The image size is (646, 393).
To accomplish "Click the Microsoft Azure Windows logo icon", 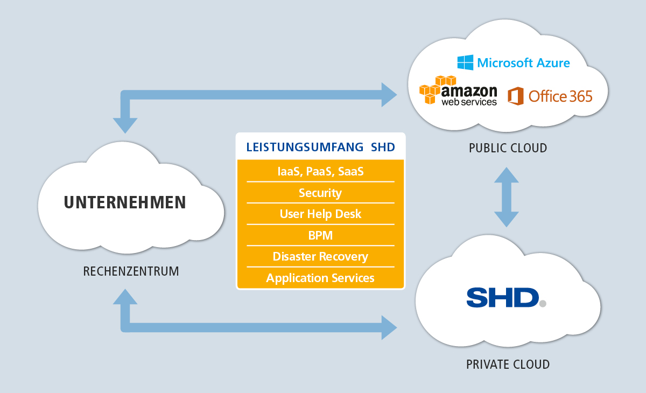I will [x=465, y=62].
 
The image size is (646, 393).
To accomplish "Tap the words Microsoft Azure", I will [x=523, y=63].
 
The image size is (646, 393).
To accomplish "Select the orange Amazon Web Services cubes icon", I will [x=433, y=89].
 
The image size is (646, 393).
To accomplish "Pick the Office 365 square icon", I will [x=516, y=96].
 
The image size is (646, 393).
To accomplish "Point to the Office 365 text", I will [x=560, y=96].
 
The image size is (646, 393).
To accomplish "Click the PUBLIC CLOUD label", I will [x=508, y=148].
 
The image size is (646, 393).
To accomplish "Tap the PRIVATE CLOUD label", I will [x=508, y=364].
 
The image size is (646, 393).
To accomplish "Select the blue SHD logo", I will [x=502, y=297].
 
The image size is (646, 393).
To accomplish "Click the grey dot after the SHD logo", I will [x=542, y=304].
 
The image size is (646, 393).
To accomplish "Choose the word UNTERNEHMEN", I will [x=125, y=202].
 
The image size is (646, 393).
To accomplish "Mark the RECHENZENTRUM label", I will [x=131, y=271].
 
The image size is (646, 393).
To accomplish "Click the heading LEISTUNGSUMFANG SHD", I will [x=320, y=147].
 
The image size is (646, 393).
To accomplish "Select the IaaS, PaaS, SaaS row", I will [x=320, y=171].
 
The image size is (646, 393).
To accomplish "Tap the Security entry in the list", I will [x=320, y=193].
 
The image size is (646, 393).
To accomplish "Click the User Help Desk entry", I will [x=320, y=214].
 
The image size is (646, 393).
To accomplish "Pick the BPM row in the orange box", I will [x=320, y=235].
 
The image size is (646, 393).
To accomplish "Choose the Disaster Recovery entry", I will [x=320, y=256].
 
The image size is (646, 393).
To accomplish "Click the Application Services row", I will [x=320, y=278].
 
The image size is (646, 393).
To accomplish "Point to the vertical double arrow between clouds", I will [x=506, y=197].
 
